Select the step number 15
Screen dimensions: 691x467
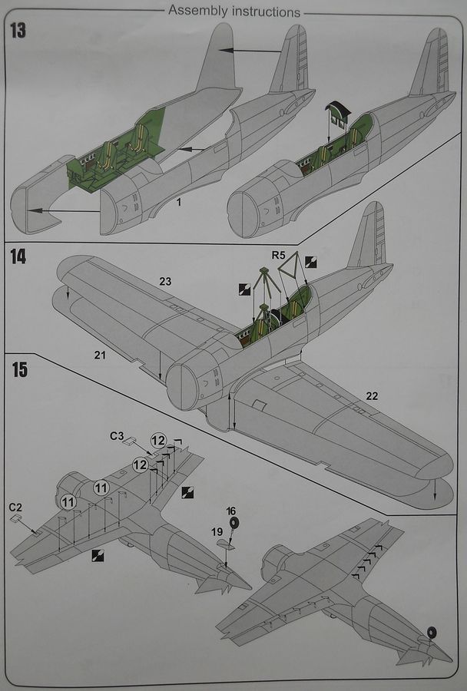click(x=19, y=369)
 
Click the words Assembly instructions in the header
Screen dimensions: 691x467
click(x=233, y=12)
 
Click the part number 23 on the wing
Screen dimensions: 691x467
click(x=165, y=282)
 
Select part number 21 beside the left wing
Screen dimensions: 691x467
click(x=100, y=354)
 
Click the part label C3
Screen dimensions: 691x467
click(x=117, y=436)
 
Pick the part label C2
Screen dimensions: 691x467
click(x=15, y=507)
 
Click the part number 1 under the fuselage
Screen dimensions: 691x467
click(x=177, y=200)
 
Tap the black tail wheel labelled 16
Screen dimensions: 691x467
click(x=234, y=524)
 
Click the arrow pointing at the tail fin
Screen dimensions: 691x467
click(x=250, y=51)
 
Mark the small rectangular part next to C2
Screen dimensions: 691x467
click(x=17, y=519)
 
